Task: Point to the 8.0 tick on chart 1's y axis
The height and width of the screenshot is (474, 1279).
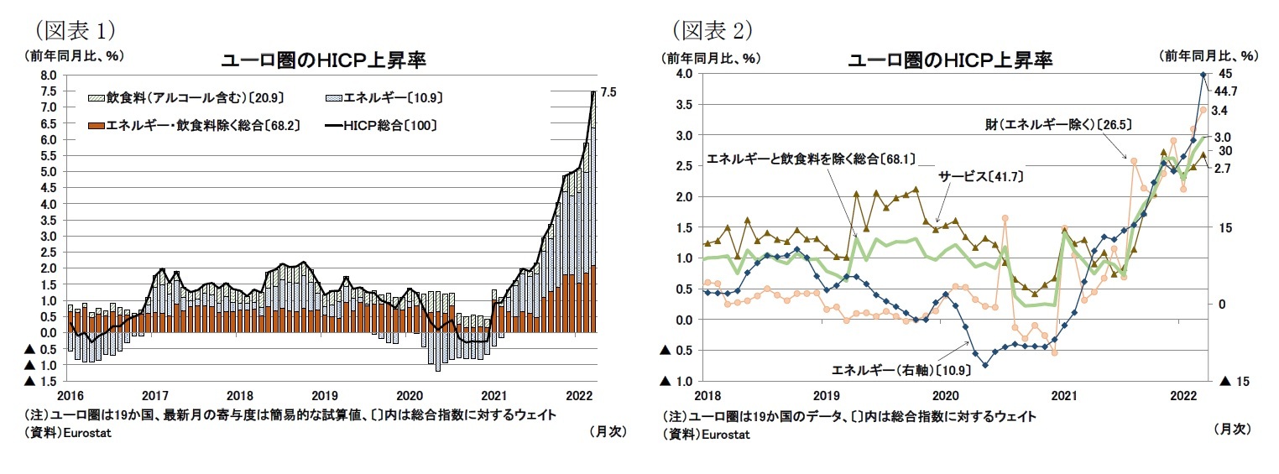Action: tap(48, 76)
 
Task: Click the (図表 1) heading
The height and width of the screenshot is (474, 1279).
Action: tap(73, 29)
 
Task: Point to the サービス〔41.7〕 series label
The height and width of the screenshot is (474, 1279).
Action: tap(980, 177)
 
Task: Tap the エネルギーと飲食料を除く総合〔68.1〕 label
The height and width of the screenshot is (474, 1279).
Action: tap(811, 158)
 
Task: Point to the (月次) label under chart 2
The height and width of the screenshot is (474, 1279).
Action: tap(1232, 429)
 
